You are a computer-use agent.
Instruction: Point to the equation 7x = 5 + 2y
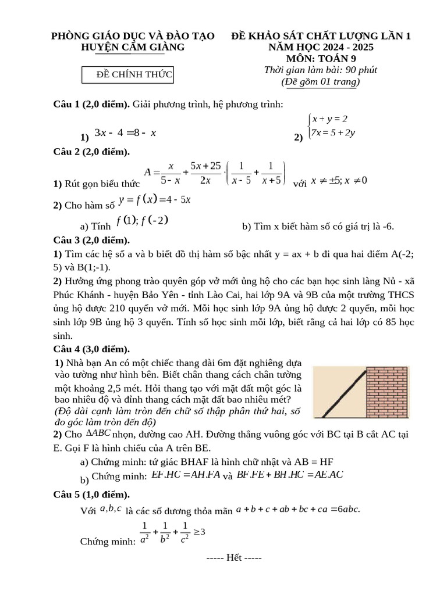pos(334,132)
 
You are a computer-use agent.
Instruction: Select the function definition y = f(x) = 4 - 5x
pos(155,200)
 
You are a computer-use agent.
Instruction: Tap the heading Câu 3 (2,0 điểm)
pos(91,240)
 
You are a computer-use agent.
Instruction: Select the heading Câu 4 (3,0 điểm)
pos(91,349)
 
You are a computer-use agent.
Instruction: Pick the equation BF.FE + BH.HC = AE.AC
pos(290,475)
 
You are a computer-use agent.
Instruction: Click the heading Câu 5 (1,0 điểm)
pos(91,494)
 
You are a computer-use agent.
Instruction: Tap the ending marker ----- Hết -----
pos(235,558)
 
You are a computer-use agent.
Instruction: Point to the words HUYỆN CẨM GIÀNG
pos(133,46)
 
